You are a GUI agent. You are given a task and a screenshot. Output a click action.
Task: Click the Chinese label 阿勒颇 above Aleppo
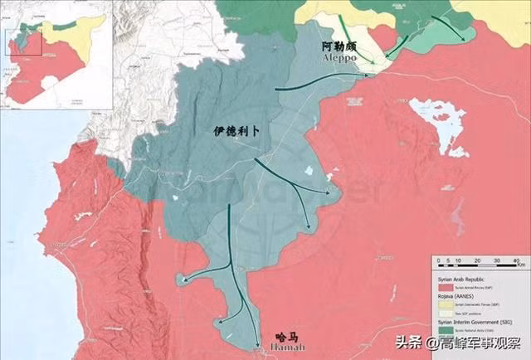point(342,49)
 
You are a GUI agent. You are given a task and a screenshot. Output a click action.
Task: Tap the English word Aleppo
point(342,61)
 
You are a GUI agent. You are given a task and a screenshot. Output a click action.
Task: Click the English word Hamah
point(285,349)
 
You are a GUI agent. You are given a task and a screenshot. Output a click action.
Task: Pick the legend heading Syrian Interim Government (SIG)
point(475,322)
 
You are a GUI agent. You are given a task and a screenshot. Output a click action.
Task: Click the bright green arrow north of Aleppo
point(350,33)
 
